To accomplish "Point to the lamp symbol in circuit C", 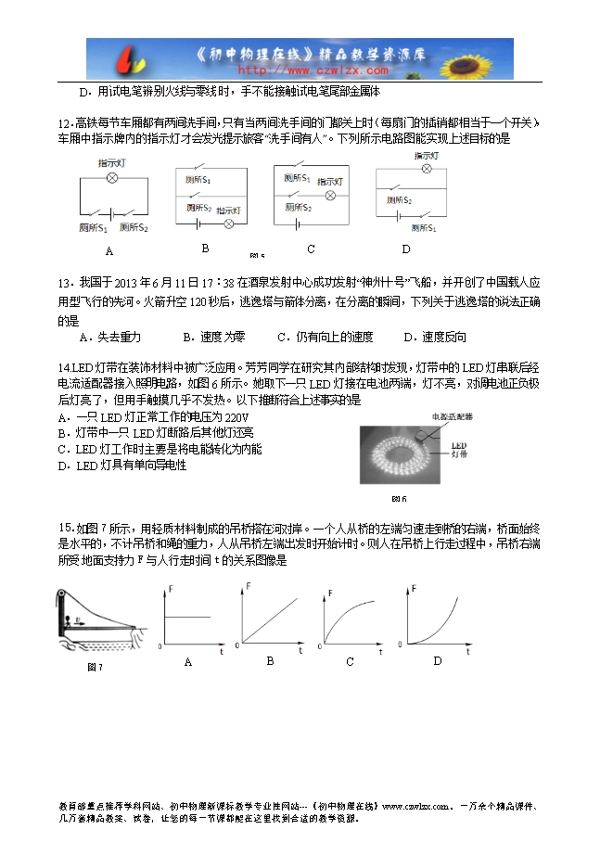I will tap(329, 196).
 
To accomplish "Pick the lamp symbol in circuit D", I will tap(427, 170).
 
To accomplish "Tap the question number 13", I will tap(64, 282).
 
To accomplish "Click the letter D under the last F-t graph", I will tap(438, 661).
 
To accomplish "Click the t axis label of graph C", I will tap(380, 652).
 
